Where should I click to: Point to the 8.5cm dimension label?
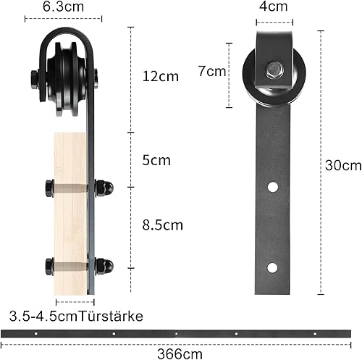coord(163,225)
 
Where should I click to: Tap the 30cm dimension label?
coord(343,165)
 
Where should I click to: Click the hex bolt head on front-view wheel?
coord(274,70)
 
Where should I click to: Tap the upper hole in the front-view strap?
coord(272,187)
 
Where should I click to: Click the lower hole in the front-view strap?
coord(272,267)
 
